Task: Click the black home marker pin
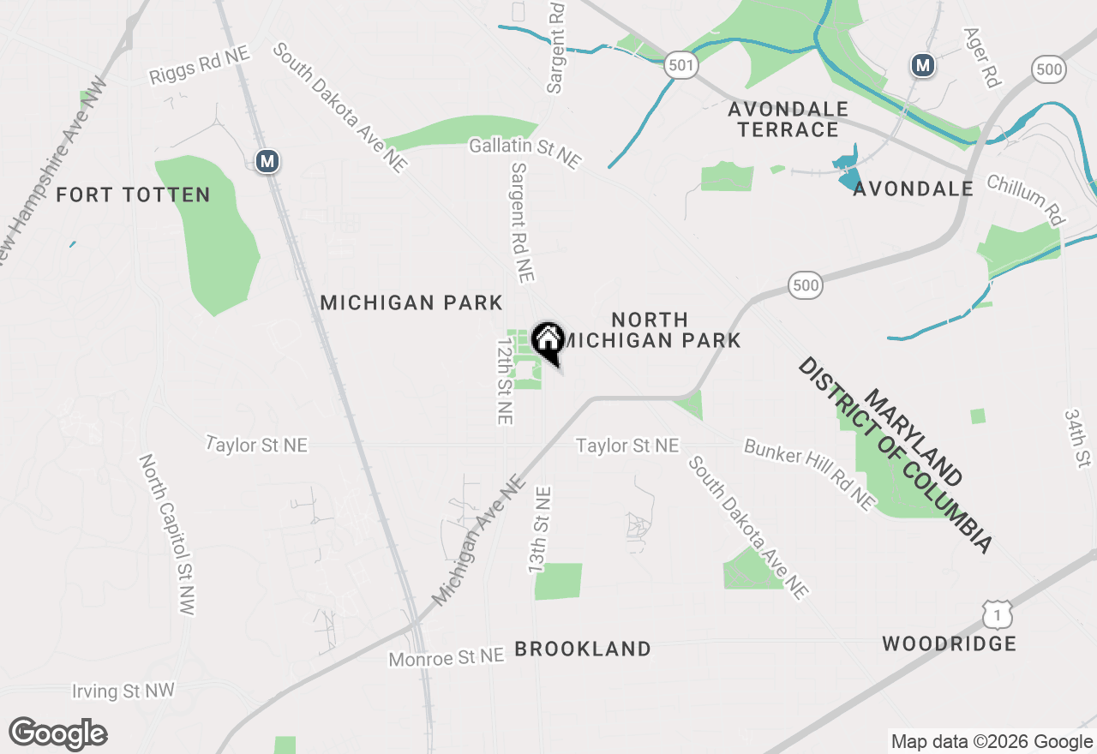click(x=547, y=341)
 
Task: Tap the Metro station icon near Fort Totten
click(x=268, y=160)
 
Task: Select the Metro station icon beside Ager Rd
click(x=922, y=64)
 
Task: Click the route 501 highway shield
click(x=681, y=65)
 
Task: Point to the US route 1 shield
click(x=998, y=613)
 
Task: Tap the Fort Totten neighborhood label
click(x=133, y=195)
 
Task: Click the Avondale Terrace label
click(x=788, y=120)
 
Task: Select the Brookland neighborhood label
click(x=583, y=649)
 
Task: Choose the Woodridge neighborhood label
click(x=949, y=643)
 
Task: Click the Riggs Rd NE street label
click(x=199, y=65)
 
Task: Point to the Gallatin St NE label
click(x=525, y=153)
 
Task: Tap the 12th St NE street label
click(x=504, y=380)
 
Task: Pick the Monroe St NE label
click(x=446, y=657)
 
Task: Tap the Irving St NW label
click(x=123, y=691)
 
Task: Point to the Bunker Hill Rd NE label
click(x=810, y=476)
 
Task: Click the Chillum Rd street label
click(x=1025, y=200)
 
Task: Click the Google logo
click(x=57, y=733)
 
